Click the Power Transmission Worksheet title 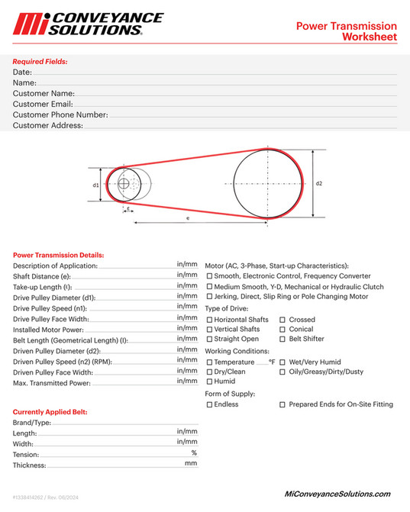[x=346, y=31]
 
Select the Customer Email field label [x=43, y=104]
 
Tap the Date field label [x=21, y=72]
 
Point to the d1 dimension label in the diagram [x=95, y=185]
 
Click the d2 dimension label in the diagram [x=319, y=183]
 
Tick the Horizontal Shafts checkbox [x=210, y=320]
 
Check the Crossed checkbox [x=282, y=320]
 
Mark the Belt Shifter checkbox [x=282, y=339]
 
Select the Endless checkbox [x=210, y=404]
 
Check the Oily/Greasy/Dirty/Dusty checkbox [x=282, y=372]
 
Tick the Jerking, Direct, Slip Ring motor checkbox [x=210, y=296]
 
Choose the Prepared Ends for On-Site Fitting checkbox [x=282, y=404]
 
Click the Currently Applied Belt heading [x=50, y=412]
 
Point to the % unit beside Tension [x=194, y=452]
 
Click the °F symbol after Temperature [x=271, y=362]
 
